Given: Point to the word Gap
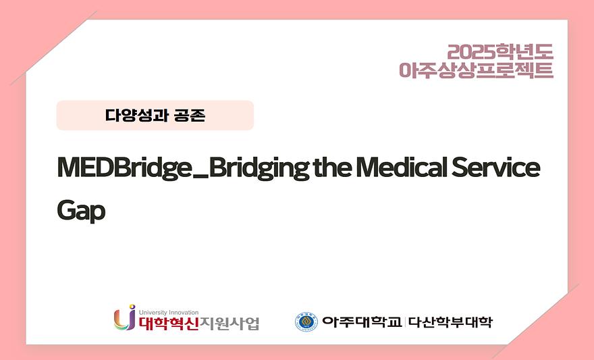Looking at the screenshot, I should (x=81, y=211).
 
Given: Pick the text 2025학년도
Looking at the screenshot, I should (x=500, y=51).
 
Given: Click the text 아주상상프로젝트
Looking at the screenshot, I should (x=476, y=70).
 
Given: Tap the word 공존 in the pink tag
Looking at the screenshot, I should (x=189, y=115).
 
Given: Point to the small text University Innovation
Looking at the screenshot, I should (x=168, y=312).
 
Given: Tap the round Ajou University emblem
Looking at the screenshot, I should (x=306, y=322).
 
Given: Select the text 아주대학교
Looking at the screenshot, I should (x=362, y=322).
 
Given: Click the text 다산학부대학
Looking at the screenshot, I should (x=451, y=322).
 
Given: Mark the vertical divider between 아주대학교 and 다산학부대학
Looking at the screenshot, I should (x=406, y=322).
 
